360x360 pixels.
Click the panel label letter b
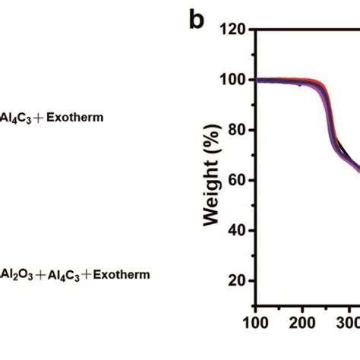pyautogui.click(x=197, y=21)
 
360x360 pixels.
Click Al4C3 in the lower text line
pyautogui.click(x=61, y=273)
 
